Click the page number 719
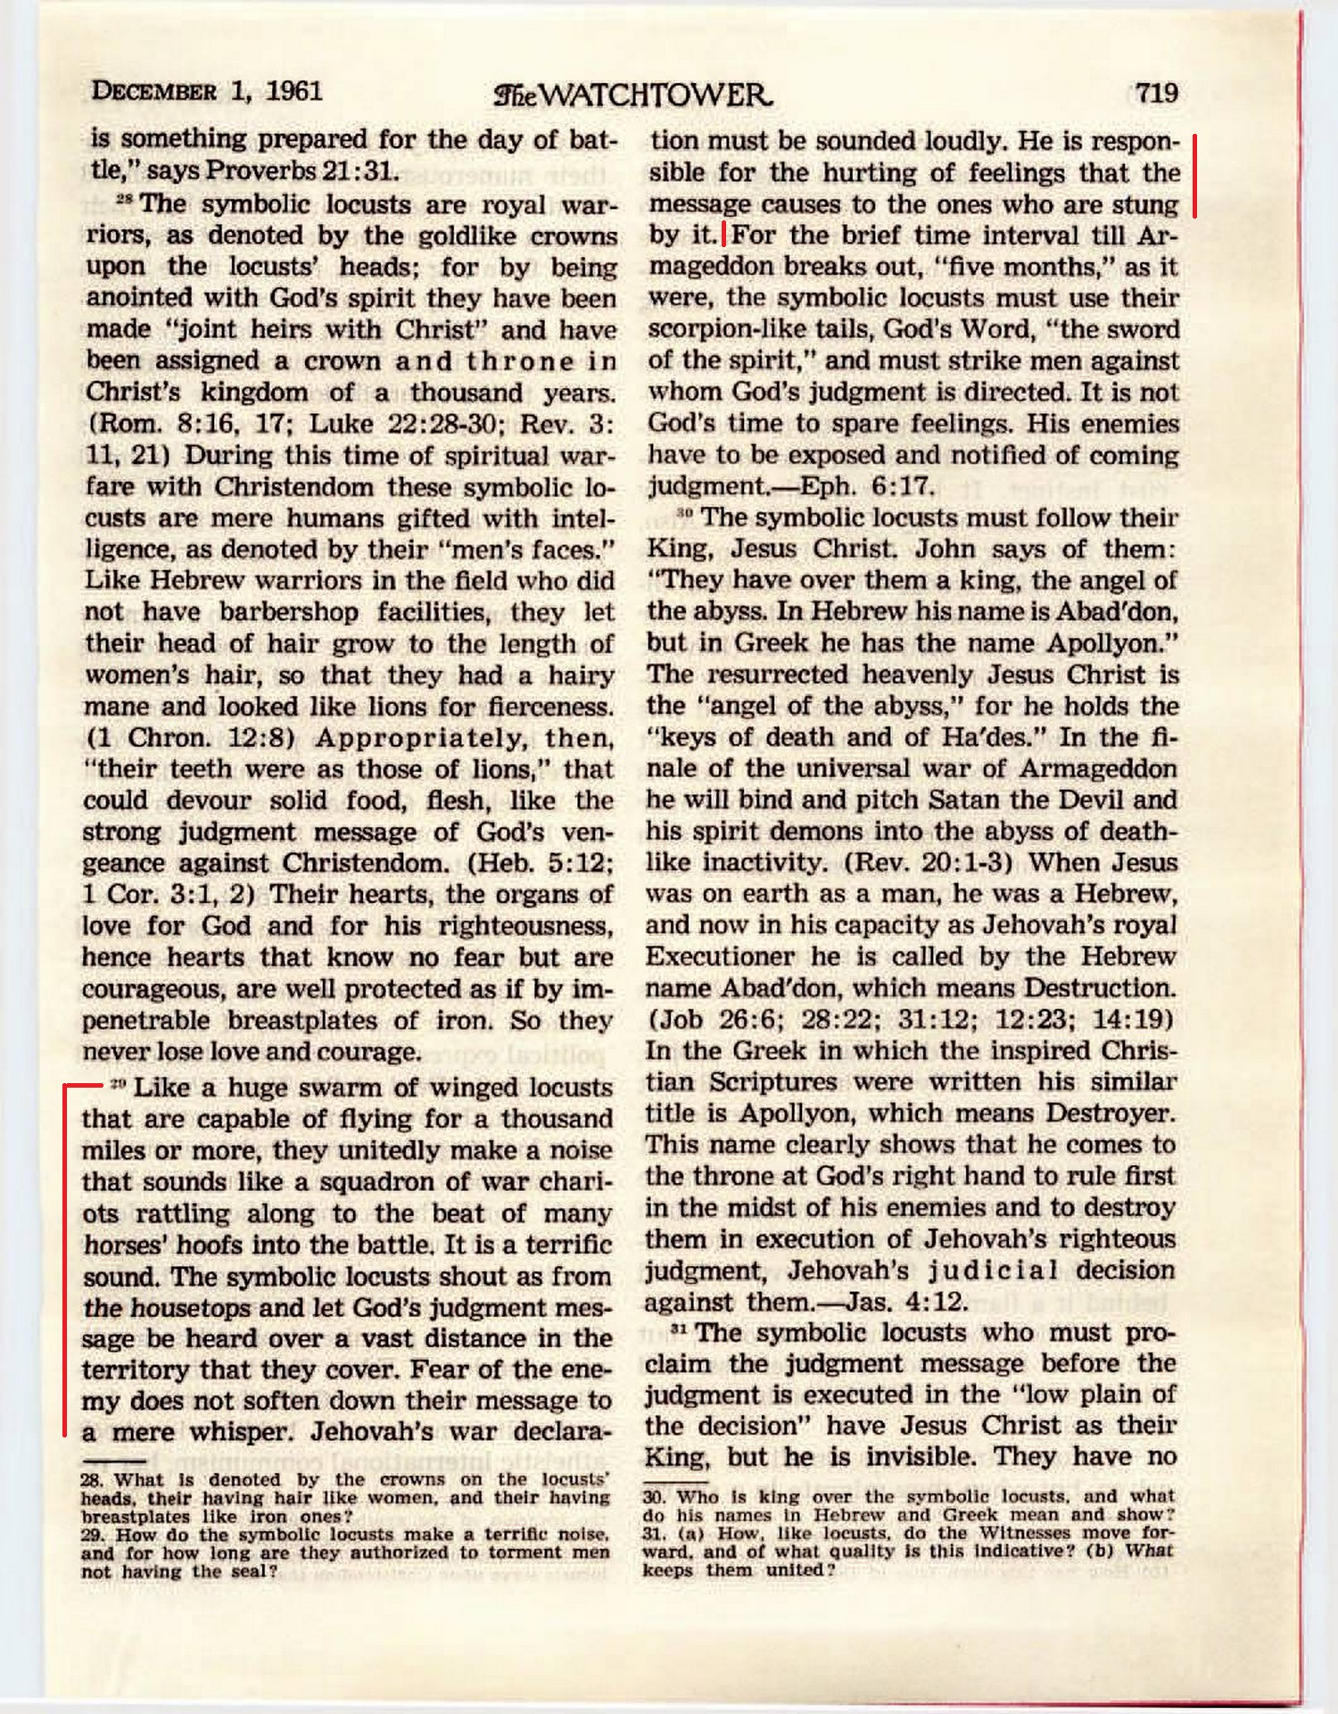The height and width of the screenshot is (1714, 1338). coord(1157,92)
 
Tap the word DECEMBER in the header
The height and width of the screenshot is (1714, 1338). coord(153,91)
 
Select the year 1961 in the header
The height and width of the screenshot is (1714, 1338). coord(293,91)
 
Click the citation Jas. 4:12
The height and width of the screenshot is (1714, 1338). coord(906,1302)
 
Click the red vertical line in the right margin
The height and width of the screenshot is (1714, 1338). coord(1194,176)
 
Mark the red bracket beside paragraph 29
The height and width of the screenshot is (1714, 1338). coord(65,1258)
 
